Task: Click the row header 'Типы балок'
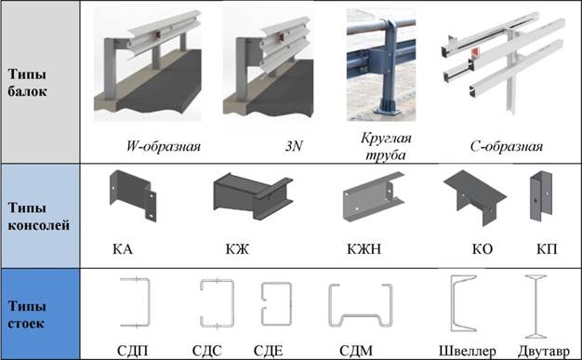(x=27, y=83)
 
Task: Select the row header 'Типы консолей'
(x=39, y=216)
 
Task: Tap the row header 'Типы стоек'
(x=27, y=314)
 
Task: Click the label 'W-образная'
(x=164, y=146)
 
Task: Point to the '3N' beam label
(x=294, y=146)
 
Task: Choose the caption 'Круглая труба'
(x=386, y=146)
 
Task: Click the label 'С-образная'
(x=507, y=146)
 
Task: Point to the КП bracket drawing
(x=541, y=196)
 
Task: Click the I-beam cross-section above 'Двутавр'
(x=536, y=306)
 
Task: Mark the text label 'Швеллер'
(x=468, y=351)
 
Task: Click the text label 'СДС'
(x=207, y=351)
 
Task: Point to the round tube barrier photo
(x=381, y=64)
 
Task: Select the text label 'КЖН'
(x=364, y=248)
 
